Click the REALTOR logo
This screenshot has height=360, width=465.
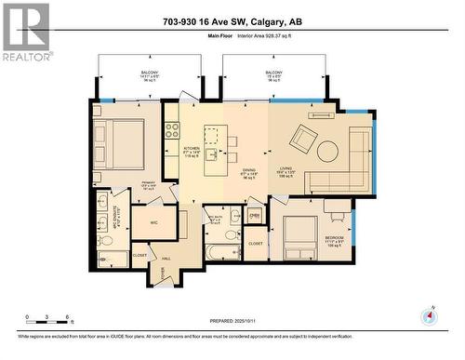click(x=25, y=32)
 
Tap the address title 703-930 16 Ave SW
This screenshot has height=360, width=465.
click(x=232, y=21)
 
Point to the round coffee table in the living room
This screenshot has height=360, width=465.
click(x=329, y=150)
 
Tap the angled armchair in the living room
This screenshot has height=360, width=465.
click(x=304, y=140)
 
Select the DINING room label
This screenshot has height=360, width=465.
click(x=248, y=171)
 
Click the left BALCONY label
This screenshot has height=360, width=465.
click(x=149, y=73)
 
